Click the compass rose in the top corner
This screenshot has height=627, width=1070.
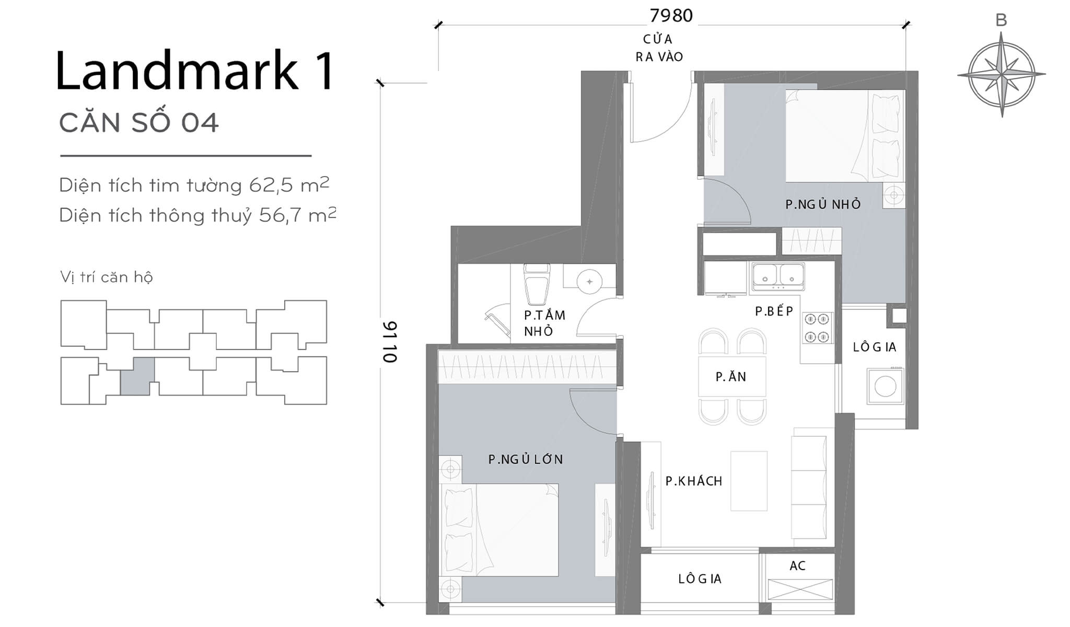pos(1001,75)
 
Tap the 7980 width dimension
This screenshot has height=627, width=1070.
pos(671,16)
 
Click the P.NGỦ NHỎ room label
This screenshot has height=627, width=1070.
pos(823,204)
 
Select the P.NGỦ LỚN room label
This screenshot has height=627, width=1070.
pos(526,459)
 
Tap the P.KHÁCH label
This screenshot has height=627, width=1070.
pos(694,481)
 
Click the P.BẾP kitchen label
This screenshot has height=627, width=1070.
pos(774,311)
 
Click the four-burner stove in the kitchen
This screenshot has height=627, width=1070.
pos(817,328)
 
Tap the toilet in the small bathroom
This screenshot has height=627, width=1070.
pos(537,285)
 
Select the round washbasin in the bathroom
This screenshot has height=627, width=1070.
pos(589,282)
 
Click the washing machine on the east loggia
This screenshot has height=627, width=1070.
pos(885,387)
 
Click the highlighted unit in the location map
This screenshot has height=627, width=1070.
pos(137,376)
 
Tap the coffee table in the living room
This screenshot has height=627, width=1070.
pos(749,481)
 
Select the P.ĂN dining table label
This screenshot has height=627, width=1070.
pos(731,376)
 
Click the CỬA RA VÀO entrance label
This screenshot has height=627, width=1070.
pos(658,48)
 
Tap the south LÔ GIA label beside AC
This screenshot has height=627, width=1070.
pos(700,579)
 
